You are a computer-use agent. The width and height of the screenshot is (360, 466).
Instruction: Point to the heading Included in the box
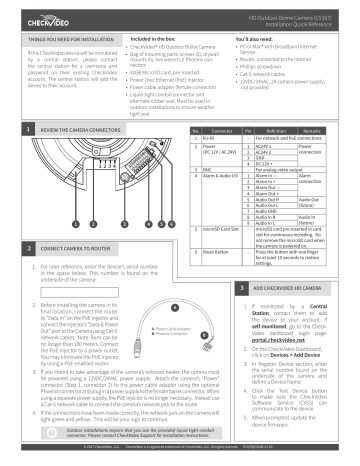[x=156, y=38]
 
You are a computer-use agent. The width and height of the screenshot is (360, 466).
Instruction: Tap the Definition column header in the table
[x=275, y=130]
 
